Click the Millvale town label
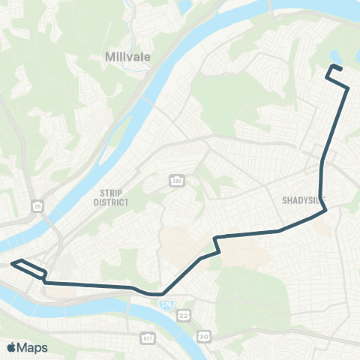coord(125,57)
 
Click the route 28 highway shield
coord(37,206)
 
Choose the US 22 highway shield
coord(184,316)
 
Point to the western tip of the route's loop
coord(11,263)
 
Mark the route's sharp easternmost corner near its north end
coord(349,88)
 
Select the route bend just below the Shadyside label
coord(325,211)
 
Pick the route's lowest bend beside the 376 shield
coord(160,294)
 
